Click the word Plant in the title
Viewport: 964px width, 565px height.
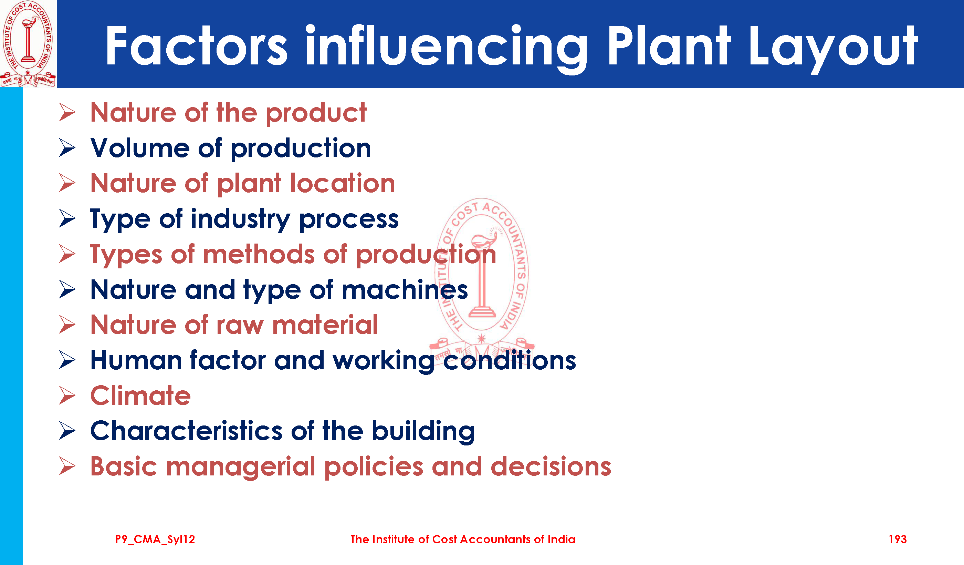669,46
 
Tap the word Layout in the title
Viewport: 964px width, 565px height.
833,49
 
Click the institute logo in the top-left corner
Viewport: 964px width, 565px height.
28,44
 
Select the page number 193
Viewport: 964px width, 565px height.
898,540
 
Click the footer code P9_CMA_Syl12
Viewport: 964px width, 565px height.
155,540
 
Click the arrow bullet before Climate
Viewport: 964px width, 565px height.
67,395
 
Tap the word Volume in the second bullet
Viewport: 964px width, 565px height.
140,148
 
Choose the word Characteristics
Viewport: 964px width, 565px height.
186,431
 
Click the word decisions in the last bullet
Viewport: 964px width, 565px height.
551,466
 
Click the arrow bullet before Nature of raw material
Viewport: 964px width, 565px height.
67,325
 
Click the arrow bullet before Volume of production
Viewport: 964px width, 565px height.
67,148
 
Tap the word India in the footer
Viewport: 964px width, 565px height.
561,540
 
